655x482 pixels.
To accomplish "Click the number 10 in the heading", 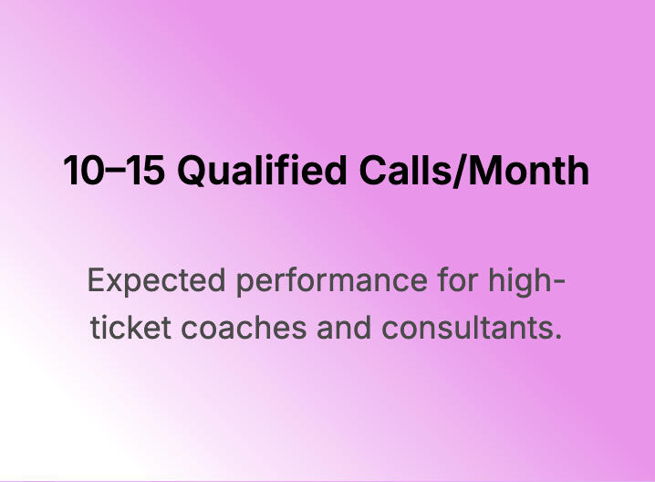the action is tap(83, 170).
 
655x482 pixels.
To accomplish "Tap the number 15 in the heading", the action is tap(144, 170).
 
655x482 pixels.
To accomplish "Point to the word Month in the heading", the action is tap(528, 170).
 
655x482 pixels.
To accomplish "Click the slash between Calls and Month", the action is tap(458, 171).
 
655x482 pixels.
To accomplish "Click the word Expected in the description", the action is tap(157, 281).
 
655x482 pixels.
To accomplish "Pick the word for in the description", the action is tap(458, 279).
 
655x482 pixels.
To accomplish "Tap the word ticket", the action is tap(130, 327).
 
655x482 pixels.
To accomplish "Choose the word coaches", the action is tap(244, 327).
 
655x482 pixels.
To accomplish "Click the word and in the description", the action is tap(344, 327).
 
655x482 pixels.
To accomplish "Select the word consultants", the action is tap(467, 327).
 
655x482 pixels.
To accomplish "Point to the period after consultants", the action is tap(557, 337).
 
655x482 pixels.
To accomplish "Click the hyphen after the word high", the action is tap(559, 283).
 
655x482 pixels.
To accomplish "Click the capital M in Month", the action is tap(484, 170).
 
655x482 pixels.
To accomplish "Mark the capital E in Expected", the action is tap(97, 280).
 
